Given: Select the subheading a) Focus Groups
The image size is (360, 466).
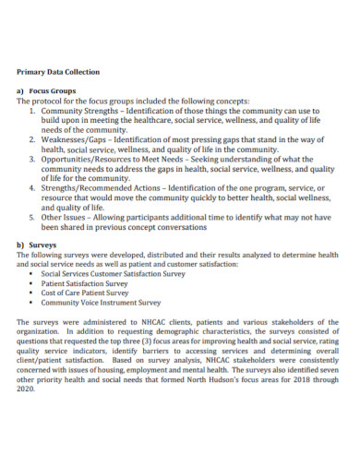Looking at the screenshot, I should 45,92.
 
